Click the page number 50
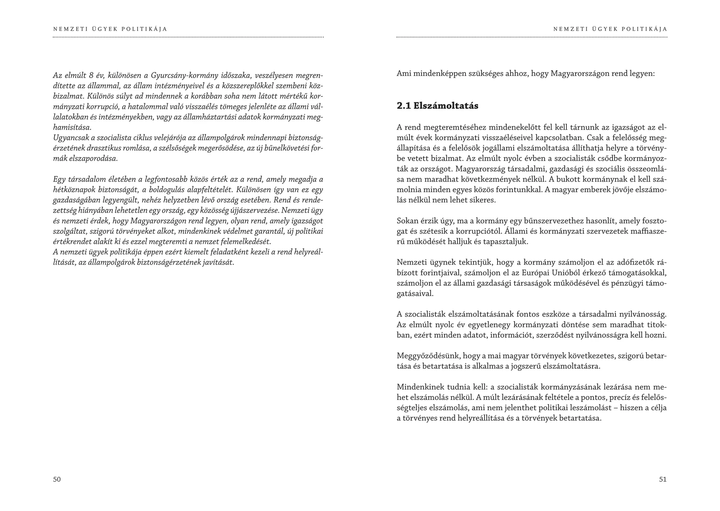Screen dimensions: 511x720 coord(57,479)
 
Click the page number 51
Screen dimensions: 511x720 coord(662,479)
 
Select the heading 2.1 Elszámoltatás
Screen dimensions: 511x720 coord(437,106)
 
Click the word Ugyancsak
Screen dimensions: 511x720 coord(69,138)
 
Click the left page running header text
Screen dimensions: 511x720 coord(110,29)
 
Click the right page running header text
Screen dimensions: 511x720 coord(610,29)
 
